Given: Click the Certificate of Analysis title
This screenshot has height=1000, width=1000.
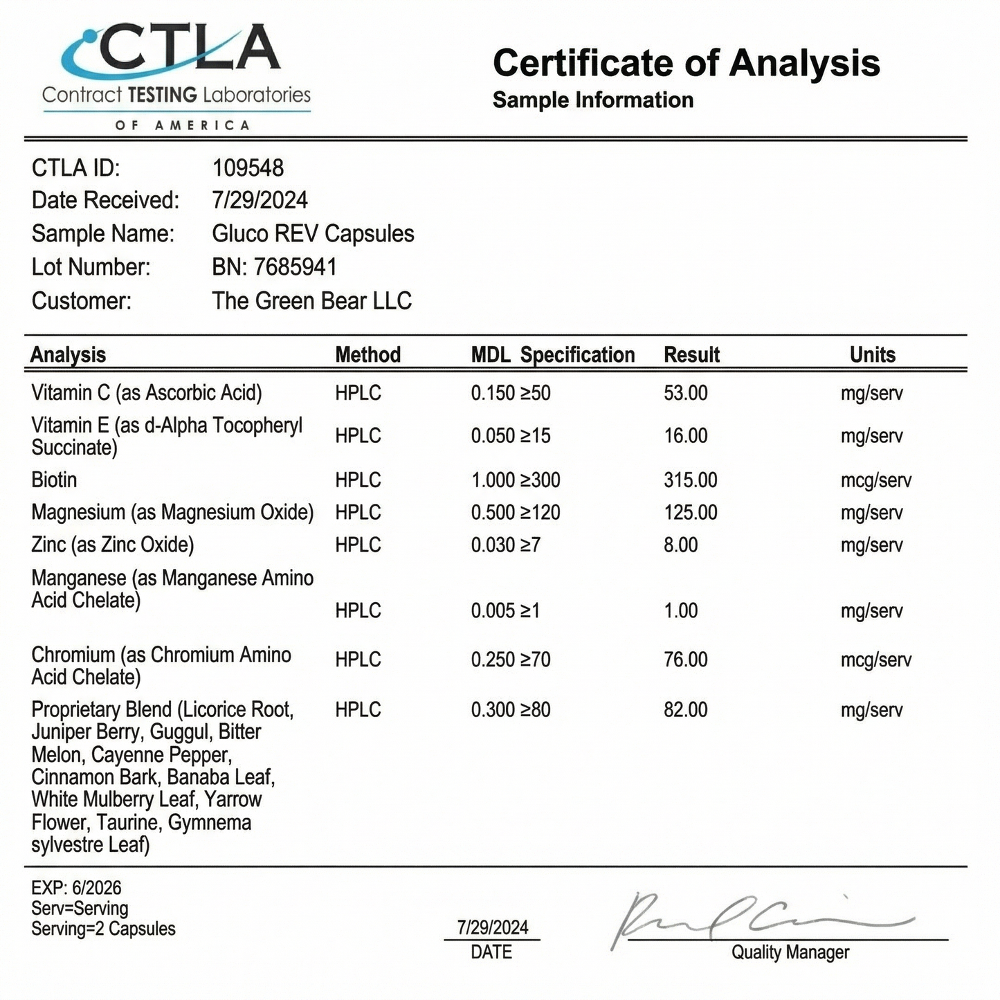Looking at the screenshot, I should coord(686,63).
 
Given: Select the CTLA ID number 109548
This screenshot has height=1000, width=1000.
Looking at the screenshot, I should coord(248,167).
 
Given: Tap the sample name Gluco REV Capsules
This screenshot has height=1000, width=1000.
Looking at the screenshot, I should coord(313,234).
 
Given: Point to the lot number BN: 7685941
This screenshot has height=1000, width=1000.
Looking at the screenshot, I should coord(274,267).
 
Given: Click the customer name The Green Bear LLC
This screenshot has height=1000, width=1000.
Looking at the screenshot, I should coord(311,301).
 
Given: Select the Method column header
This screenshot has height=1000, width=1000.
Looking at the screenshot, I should coord(367,355).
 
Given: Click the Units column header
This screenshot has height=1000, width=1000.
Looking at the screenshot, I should coord(872,355).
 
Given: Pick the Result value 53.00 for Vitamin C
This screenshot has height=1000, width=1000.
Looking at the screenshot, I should coord(685,393).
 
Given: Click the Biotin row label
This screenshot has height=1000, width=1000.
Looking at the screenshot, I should coord(54,480).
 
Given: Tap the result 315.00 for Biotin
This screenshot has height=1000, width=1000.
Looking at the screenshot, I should coord(690,480).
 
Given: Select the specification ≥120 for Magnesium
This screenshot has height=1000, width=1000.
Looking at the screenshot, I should coord(540,513).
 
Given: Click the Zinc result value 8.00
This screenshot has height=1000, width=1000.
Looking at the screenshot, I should coord(680,545).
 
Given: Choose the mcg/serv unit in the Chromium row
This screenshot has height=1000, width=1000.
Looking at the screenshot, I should coord(875,660).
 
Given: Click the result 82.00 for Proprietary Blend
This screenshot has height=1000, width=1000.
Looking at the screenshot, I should coord(685,710).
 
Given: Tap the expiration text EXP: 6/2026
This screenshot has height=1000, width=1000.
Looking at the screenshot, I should coord(76,888).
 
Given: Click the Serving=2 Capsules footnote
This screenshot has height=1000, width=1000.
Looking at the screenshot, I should coord(103,929).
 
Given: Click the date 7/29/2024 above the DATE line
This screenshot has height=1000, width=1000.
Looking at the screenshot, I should coord(492,927).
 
